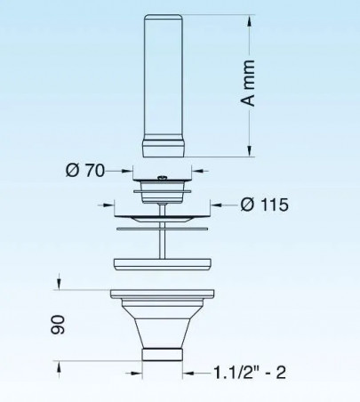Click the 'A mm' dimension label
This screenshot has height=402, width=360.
(248, 83)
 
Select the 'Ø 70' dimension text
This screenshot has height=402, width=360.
(85, 171)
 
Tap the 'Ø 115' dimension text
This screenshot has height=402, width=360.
(264, 205)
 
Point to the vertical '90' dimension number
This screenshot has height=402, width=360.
(58, 326)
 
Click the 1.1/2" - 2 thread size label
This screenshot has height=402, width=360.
(250, 373)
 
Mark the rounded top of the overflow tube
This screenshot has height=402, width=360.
(164, 17)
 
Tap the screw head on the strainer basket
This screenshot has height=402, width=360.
(163, 178)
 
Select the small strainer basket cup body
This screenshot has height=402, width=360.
(163, 193)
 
